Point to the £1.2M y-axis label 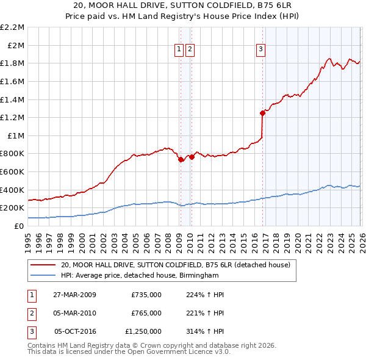[x=13, y=117]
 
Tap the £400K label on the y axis [x=13, y=190]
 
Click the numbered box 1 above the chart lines [x=179, y=50]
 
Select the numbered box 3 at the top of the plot [x=260, y=50]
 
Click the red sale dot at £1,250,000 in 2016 [x=262, y=113]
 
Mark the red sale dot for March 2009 [x=181, y=159]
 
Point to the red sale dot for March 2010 [x=191, y=157]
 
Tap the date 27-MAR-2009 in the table [x=76, y=295]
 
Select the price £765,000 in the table [x=146, y=313]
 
